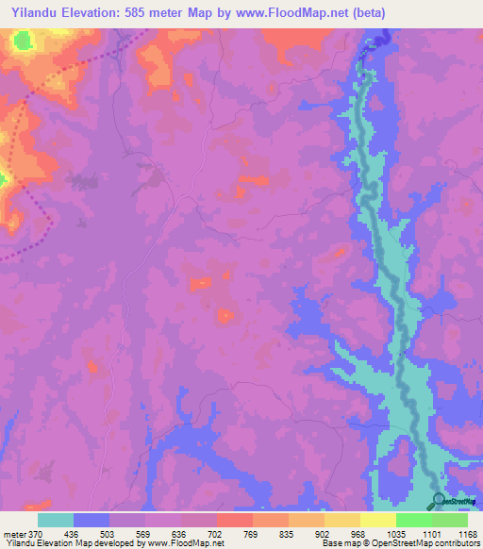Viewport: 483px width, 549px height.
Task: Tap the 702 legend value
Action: (x=216, y=534)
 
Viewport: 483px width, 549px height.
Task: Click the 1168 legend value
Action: (x=466, y=534)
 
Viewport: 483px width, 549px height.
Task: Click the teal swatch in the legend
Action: (x=56, y=520)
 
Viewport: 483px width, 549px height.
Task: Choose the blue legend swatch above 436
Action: (x=92, y=520)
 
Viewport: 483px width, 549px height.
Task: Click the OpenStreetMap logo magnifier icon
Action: (x=439, y=501)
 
